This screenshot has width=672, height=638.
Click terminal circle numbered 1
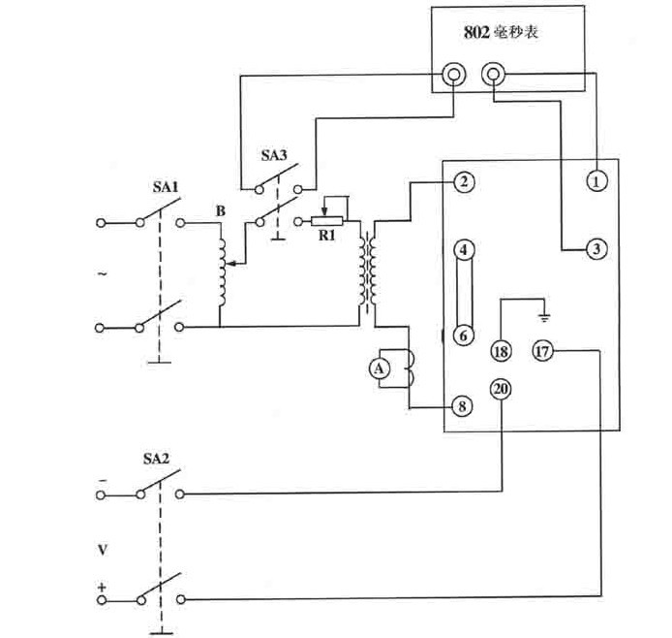click(596, 180)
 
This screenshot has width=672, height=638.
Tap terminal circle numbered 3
click(596, 250)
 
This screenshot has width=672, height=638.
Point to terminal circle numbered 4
click(464, 251)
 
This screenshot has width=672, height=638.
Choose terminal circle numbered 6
click(464, 335)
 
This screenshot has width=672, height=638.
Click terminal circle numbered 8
click(464, 407)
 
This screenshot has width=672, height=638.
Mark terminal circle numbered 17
click(541, 352)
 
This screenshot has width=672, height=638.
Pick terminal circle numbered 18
click(501, 352)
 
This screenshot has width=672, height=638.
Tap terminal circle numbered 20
click(501, 390)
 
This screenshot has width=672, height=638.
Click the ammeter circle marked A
click(381, 367)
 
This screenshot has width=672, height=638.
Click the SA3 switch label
click(274, 154)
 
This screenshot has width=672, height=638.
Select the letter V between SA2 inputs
click(104, 550)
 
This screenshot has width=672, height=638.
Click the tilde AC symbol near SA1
click(104, 275)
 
